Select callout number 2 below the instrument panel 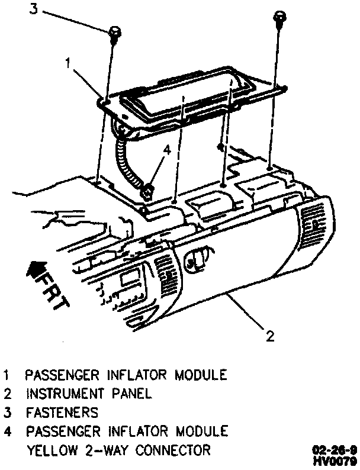tap(270, 337)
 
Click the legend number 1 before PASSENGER tap(7, 375)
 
